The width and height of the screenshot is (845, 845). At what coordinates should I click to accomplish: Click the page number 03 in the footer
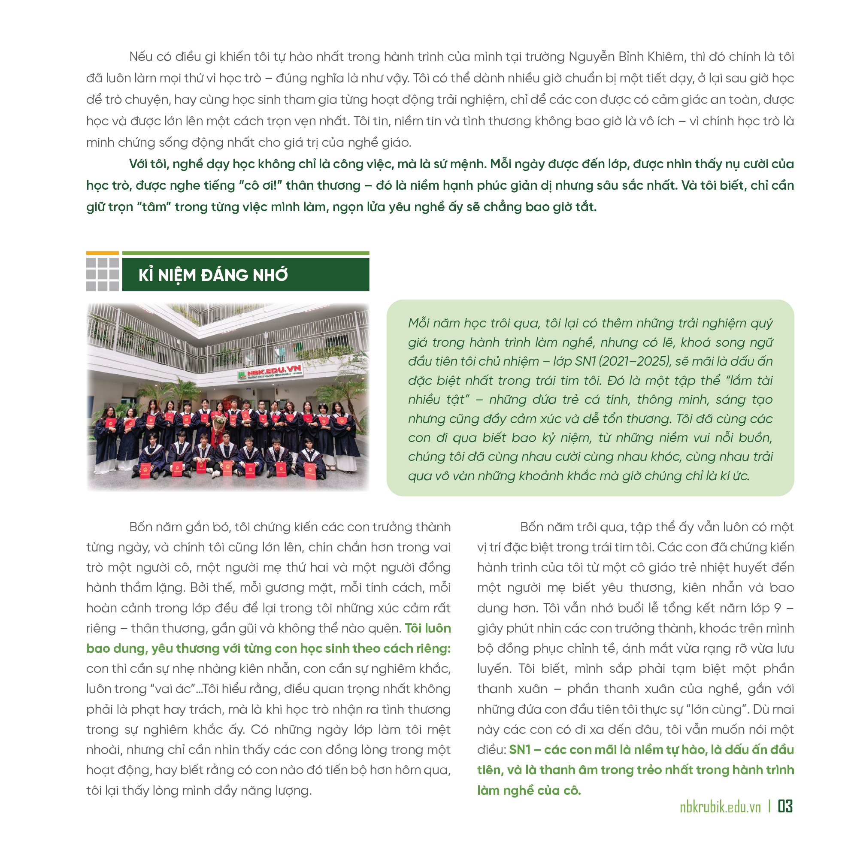point(785,806)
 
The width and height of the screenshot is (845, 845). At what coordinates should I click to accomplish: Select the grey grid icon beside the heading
point(102,274)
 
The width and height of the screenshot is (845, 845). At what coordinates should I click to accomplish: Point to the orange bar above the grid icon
point(102,253)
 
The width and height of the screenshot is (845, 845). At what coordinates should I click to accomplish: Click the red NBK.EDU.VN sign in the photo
point(274,372)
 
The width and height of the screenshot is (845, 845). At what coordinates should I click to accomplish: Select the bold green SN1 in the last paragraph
point(520,750)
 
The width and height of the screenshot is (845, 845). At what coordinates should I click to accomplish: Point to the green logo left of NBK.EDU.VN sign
point(242,375)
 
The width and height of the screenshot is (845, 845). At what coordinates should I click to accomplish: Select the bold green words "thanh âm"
point(563,770)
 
